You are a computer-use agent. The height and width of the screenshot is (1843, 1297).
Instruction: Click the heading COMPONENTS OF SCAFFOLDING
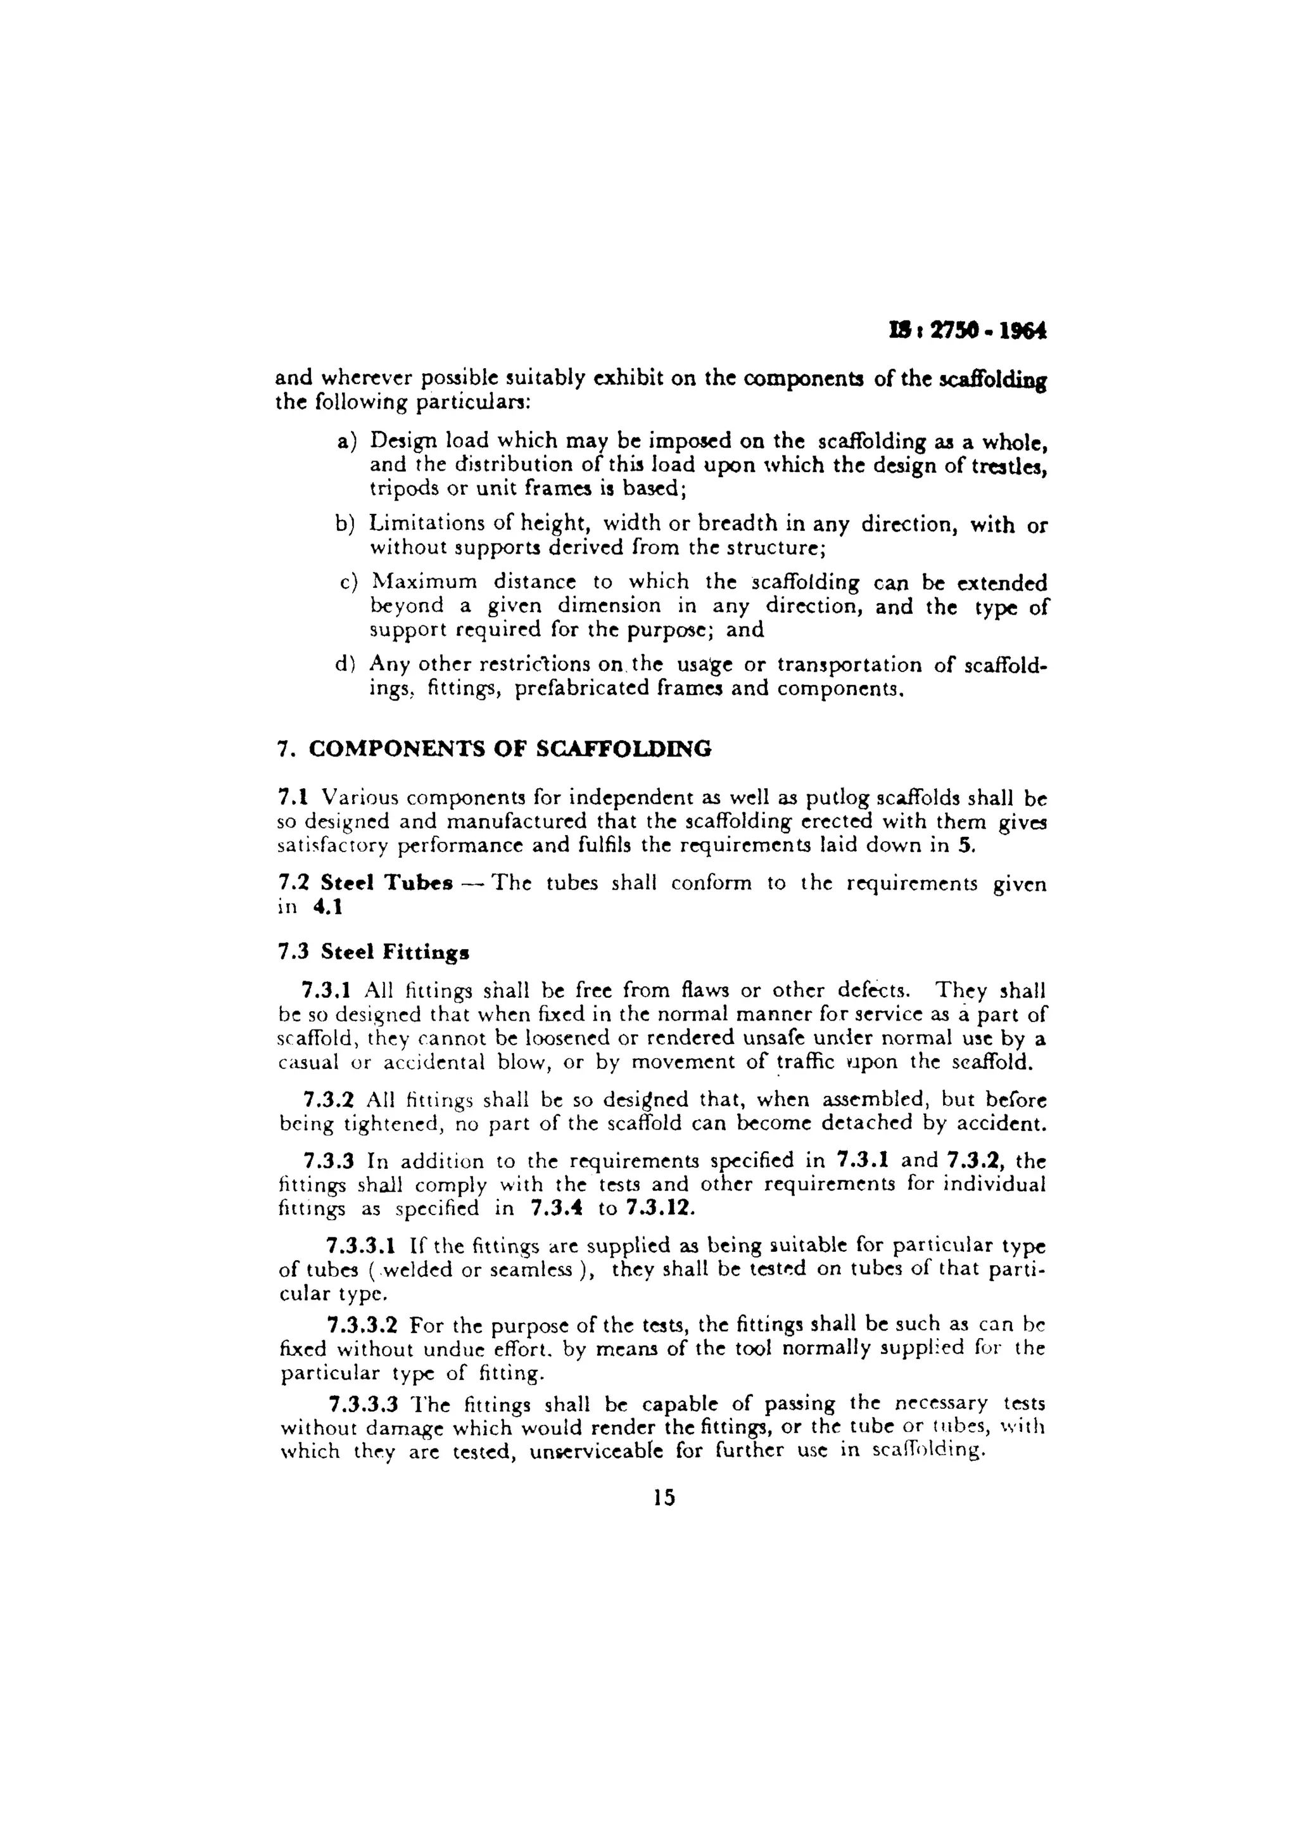coord(510,749)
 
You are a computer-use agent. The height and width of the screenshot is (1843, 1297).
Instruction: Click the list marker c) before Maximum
coord(348,583)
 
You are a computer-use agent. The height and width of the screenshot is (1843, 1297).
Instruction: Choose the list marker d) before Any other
coord(345,665)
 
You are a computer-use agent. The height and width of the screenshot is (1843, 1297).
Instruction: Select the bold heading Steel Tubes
coord(387,883)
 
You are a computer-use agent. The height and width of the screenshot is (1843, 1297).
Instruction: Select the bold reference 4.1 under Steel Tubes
coord(327,907)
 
